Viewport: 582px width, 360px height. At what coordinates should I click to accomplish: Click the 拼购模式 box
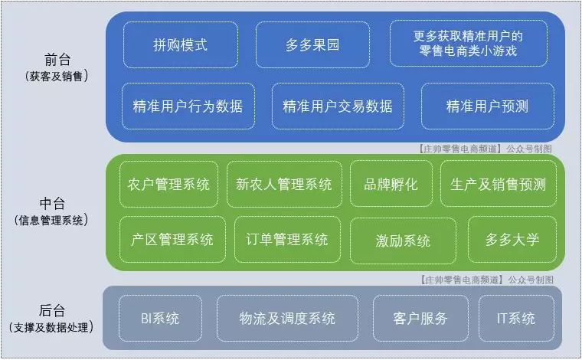[x=181, y=45]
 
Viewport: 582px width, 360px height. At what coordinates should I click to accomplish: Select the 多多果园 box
[x=312, y=45]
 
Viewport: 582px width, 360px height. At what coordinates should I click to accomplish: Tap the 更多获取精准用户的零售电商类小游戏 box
[x=469, y=44]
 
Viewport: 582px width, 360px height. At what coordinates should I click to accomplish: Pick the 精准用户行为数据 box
[x=188, y=106]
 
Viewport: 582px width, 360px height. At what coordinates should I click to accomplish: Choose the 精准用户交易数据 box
[x=338, y=106]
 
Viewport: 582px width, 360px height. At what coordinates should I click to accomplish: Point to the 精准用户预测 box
[x=487, y=106]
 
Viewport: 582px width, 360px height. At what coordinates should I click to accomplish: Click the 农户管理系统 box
[x=169, y=184]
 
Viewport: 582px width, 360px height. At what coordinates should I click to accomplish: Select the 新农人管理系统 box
[x=284, y=184]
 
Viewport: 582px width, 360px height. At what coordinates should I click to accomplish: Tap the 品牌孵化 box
[x=391, y=184]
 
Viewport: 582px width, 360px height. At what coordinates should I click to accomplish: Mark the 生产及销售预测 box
[x=499, y=184]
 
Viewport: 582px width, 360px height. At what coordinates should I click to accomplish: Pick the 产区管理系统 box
[x=172, y=240]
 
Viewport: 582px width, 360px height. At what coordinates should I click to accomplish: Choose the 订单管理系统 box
[x=287, y=240]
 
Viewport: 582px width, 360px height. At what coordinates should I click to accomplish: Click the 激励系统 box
[x=403, y=241]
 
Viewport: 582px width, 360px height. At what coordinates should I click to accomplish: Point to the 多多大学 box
[x=512, y=240]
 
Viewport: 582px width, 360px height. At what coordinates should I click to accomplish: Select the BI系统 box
[x=160, y=318]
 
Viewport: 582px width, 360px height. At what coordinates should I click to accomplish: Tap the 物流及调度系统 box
[x=288, y=318]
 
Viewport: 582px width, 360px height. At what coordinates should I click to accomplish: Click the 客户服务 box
[x=420, y=318]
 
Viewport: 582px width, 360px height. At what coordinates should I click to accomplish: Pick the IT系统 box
[x=516, y=318]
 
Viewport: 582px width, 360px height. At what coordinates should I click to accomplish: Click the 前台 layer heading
[x=57, y=60]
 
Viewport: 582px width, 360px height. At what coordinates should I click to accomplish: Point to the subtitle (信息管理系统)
[x=51, y=221]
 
